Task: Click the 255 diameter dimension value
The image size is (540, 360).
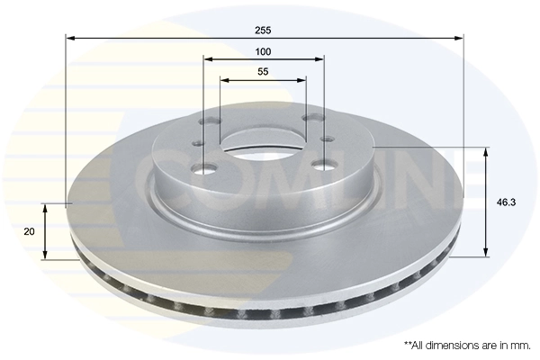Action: coord(264,30)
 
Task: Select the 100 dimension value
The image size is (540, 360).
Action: coord(263,51)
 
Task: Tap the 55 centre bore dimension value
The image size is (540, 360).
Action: coord(263,71)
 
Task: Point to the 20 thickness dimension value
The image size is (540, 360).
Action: coord(30,231)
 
